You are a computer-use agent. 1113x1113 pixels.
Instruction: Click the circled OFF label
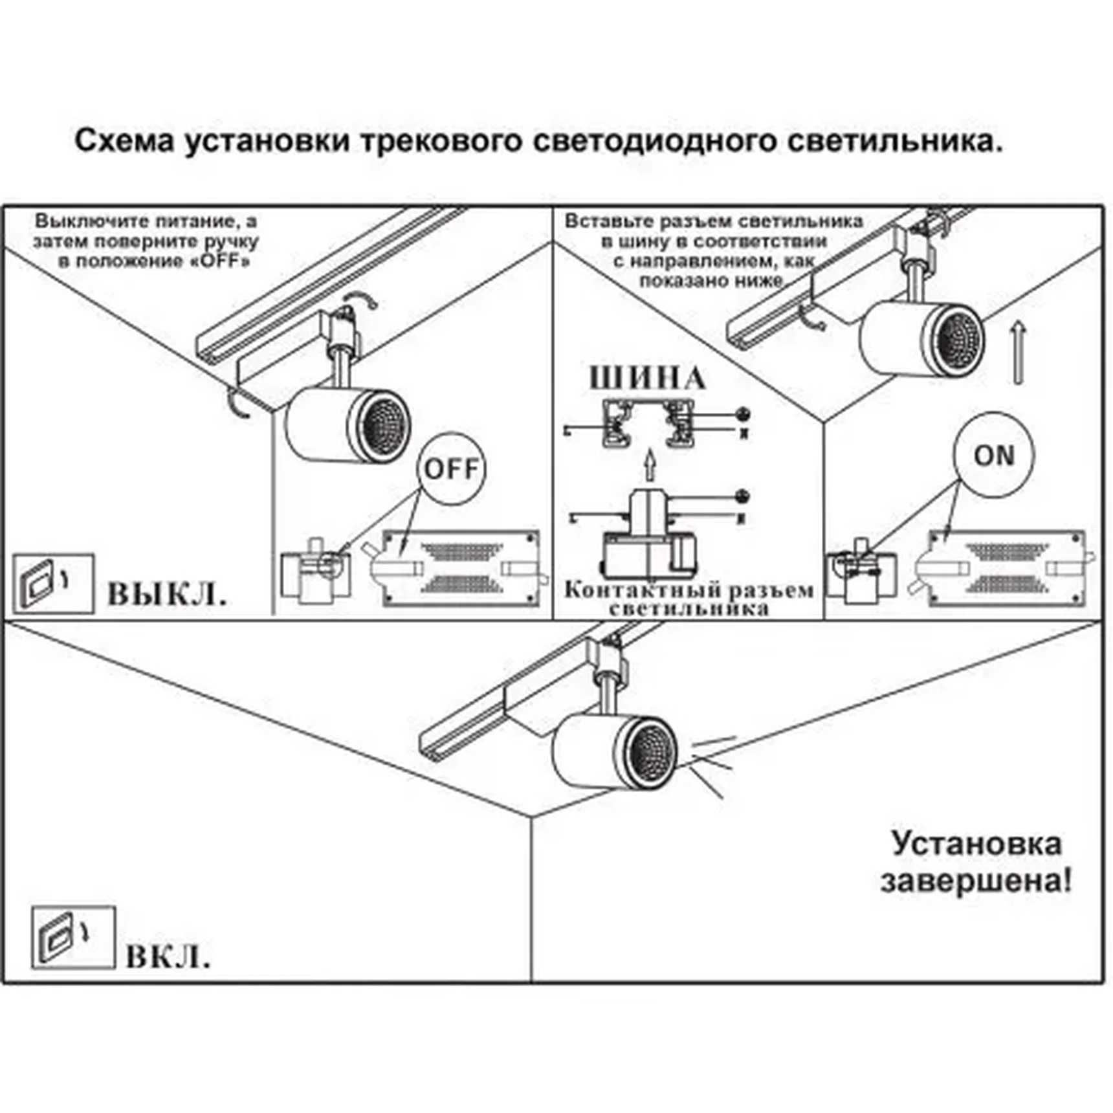[x=451, y=468]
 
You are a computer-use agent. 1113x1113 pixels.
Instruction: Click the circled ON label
[x=993, y=456]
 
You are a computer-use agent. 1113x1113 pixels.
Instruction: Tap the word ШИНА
[x=647, y=379]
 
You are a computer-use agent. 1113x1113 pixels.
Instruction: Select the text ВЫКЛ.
[x=167, y=593]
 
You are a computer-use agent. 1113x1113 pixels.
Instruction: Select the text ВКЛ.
[x=168, y=957]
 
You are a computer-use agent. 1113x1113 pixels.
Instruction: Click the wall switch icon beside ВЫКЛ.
[x=53, y=584]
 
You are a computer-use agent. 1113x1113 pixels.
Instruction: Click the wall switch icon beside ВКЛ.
[x=72, y=938]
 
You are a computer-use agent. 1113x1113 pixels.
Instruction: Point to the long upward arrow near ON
[x=1018, y=353]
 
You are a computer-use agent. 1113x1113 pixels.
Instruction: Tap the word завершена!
[x=976, y=881]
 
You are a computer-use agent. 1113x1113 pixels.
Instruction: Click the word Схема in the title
[x=124, y=140]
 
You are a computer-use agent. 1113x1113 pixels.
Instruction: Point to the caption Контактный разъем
[x=689, y=590]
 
